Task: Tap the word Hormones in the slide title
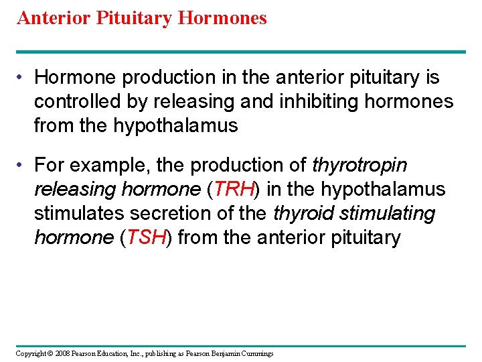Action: (222, 18)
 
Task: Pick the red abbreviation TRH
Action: (234, 189)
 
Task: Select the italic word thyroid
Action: (304, 213)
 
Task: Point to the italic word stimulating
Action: (388, 213)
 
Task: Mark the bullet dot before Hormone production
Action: (23, 78)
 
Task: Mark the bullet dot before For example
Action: (23, 165)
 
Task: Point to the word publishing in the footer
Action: (156, 353)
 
